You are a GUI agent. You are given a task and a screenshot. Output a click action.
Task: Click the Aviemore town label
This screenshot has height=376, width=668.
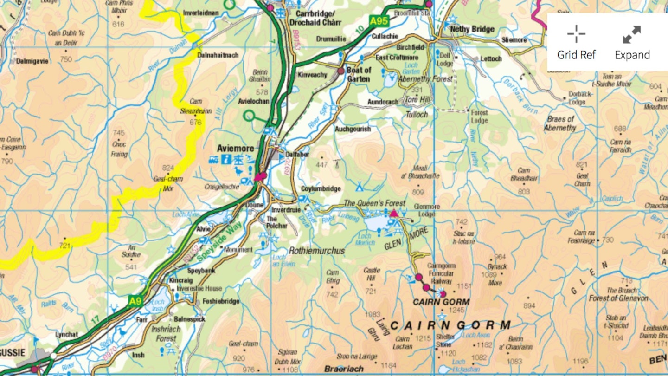click(x=236, y=149)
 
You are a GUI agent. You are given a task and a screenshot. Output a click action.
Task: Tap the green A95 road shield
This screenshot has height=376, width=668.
click(x=379, y=20)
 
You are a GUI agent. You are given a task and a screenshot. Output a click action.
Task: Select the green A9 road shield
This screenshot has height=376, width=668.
click(x=135, y=302)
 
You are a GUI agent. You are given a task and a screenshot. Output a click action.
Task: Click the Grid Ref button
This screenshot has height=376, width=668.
click(x=576, y=42)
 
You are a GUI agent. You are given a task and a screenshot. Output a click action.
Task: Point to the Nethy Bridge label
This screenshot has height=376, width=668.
click(x=472, y=29)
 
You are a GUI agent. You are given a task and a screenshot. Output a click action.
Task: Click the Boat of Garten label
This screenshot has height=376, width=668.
click(x=359, y=74)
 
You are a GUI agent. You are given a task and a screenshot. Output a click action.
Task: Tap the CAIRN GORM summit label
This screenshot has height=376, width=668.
click(x=441, y=302)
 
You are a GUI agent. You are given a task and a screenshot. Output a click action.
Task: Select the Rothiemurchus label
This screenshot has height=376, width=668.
click(x=317, y=251)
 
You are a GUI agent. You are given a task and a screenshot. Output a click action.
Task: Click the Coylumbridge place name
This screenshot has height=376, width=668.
click(x=321, y=189)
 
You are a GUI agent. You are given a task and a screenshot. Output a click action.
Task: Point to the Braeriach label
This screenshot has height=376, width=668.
click(x=344, y=369)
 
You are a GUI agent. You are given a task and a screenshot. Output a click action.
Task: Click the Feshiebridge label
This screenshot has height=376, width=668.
click(x=221, y=301)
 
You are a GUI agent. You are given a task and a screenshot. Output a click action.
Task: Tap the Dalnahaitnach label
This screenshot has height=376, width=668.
click(x=218, y=55)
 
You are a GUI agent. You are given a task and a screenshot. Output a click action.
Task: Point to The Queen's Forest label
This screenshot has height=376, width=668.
click(x=374, y=203)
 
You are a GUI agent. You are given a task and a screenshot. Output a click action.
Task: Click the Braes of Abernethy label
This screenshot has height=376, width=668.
click(x=560, y=123)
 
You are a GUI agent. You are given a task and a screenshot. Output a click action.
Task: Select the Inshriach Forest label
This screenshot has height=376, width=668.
click(x=166, y=334)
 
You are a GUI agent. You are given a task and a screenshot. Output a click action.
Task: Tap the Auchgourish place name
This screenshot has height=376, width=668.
click(x=353, y=129)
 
